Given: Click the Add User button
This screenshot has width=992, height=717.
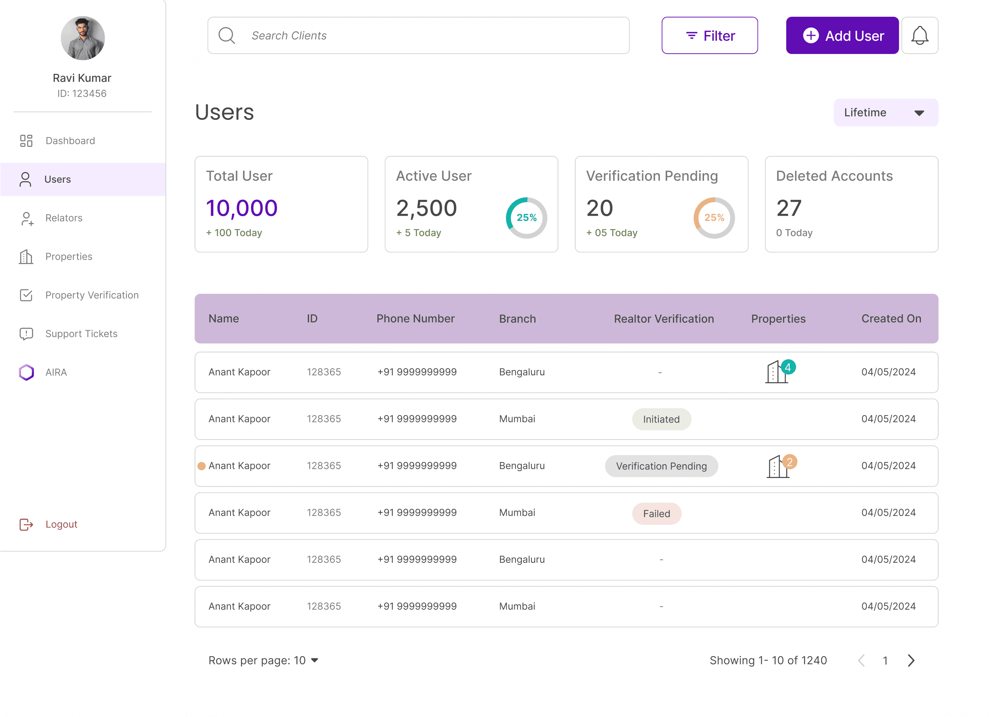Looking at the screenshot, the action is tap(842, 35).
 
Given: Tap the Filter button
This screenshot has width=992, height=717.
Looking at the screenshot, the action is tap(709, 35).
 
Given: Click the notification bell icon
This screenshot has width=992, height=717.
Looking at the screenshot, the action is tap(920, 35).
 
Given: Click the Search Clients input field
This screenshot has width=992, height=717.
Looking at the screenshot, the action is tap(418, 35).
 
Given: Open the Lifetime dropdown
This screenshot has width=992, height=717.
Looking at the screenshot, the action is tap(886, 113).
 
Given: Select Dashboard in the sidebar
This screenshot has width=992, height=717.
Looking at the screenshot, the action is tap(70, 140).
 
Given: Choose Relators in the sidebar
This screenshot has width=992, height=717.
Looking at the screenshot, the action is tap(64, 218).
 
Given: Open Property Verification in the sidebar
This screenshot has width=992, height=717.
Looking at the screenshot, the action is tap(92, 295).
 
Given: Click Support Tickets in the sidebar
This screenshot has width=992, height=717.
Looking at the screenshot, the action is tap(81, 333).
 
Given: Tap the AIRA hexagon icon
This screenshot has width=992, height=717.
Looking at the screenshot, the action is tap(26, 373).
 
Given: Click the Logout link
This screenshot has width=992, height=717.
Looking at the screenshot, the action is tap(61, 524).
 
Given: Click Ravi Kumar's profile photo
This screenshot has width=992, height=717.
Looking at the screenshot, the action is tap(83, 38).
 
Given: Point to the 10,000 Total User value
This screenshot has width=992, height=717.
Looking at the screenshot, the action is tap(242, 208).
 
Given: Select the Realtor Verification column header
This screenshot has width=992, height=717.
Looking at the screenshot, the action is tap(663, 319).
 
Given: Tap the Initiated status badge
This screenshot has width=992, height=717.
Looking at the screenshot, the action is tap(661, 419).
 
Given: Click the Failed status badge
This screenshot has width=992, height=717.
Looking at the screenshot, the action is tap(657, 513).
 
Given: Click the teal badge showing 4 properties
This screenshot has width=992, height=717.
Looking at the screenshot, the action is tap(788, 367).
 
